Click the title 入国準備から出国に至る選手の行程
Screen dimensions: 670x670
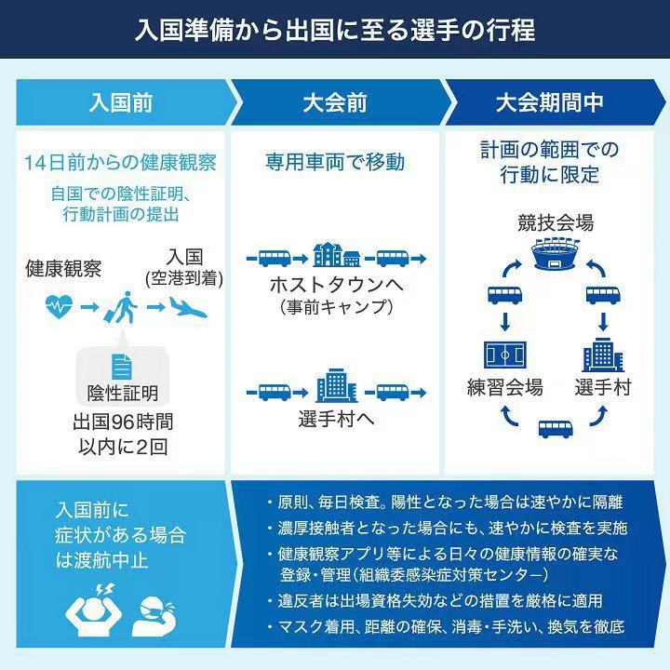[x=335, y=30]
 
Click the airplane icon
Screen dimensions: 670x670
[x=192, y=305]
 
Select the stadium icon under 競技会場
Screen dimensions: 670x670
[x=556, y=255]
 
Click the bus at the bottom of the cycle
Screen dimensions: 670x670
[x=556, y=427]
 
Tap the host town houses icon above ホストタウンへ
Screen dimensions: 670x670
[x=336, y=253]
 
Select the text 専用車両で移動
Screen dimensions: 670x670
[x=334, y=162]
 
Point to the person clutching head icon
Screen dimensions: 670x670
[x=89, y=610]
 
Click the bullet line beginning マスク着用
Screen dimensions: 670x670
[x=445, y=626]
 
